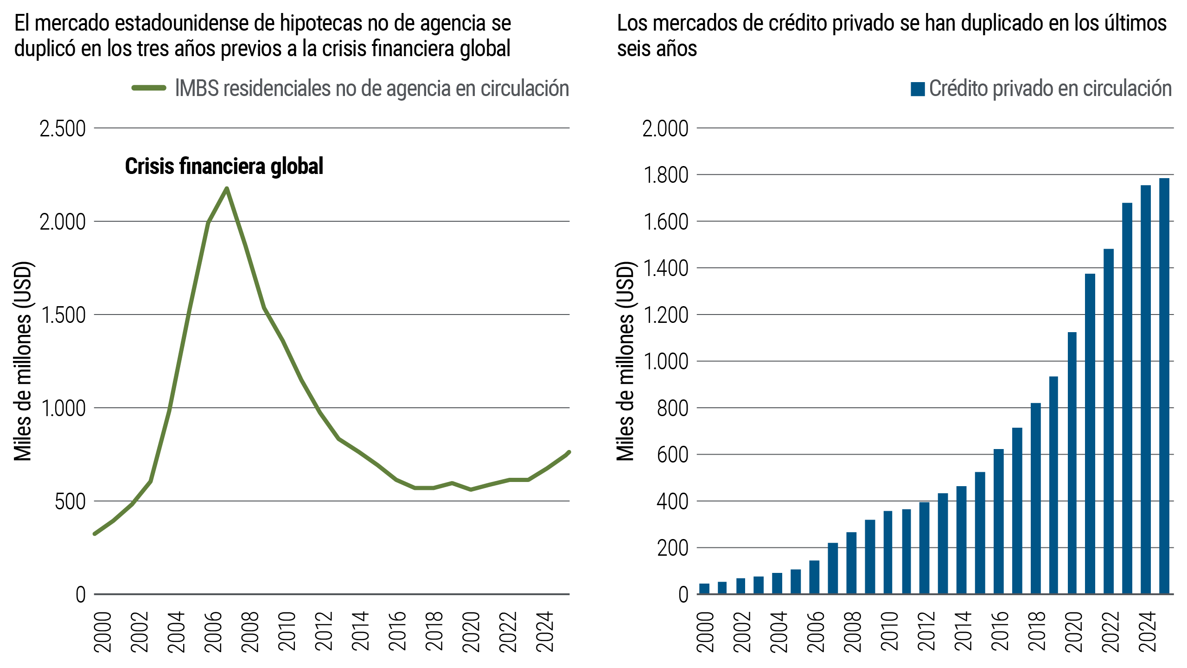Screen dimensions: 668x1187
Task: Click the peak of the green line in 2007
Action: click(227, 189)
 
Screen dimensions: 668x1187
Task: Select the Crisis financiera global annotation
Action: click(224, 167)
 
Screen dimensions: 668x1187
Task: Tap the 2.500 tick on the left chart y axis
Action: click(63, 129)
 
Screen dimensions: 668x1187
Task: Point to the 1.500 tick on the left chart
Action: click(63, 315)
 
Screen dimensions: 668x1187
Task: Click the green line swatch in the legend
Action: click(149, 88)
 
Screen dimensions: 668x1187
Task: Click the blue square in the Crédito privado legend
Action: click(918, 89)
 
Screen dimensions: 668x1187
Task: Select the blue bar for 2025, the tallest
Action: click(1164, 385)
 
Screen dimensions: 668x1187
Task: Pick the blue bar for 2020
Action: click(1072, 462)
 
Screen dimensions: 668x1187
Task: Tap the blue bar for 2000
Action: click(704, 588)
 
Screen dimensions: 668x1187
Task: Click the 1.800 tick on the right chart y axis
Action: click(665, 176)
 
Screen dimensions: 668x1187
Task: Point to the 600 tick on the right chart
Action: click(672, 455)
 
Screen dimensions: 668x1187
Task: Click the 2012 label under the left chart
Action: click(324, 632)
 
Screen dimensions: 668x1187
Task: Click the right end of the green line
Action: click(568, 452)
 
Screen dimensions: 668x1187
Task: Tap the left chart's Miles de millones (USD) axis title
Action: click(23, 361)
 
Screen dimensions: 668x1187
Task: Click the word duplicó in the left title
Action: click(45, 49)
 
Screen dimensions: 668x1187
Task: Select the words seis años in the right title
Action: click(657, 49)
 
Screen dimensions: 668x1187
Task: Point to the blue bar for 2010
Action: click(888, 552)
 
